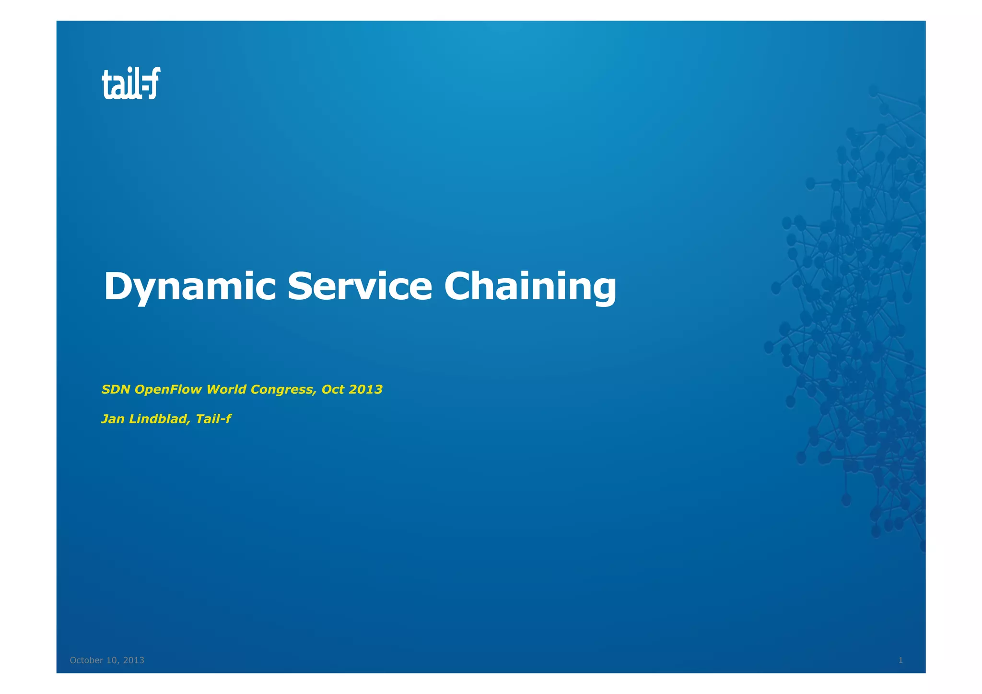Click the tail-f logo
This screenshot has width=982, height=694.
point(131,84)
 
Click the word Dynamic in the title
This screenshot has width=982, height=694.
point(189,286)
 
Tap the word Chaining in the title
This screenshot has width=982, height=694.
point(530,286)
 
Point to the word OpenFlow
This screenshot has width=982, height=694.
point(168,389)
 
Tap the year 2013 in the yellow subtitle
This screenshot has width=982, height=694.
point(365,389)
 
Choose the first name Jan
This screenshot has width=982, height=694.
point(113,419)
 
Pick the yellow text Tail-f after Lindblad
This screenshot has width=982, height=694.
point(213,419)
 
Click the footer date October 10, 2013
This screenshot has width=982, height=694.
point(107,660)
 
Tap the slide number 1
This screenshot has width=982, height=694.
point(900,660)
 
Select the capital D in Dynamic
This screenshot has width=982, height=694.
point(118,286)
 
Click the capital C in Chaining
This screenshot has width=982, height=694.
point(458,286)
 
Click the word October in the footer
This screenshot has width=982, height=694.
point(86,660)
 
